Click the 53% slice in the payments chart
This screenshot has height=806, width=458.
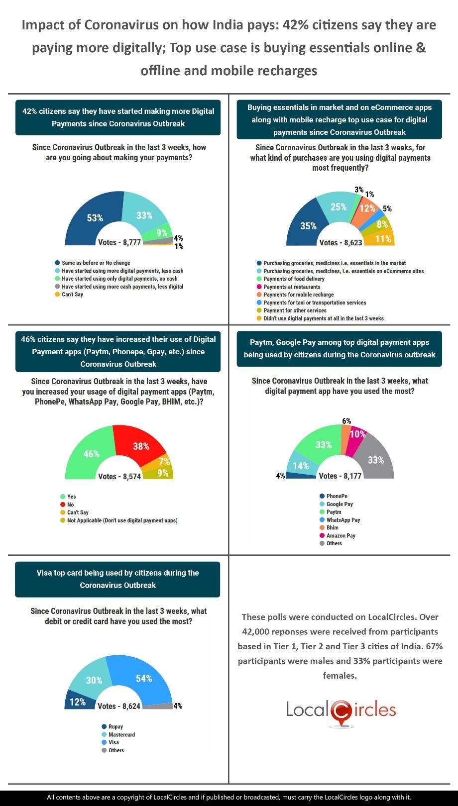coord(95,218)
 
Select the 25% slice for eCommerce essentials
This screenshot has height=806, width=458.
coord(339,206)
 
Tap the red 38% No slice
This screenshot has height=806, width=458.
coord(141,446)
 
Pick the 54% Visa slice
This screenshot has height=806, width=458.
coord(144,679)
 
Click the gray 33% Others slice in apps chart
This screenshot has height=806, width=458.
coord(375,460)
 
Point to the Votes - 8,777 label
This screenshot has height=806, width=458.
coord(119,242)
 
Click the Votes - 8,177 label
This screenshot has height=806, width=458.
coord(340,476)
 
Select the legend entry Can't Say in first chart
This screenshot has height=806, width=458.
coord(72,295)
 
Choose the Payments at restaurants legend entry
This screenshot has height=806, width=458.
coord(292,287)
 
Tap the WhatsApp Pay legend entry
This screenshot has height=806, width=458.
coord(343,520)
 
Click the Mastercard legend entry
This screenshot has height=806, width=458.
coord(121,734)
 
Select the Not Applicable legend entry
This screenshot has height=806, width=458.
coord(122,520)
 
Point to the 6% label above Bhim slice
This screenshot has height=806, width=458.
coord(346,421)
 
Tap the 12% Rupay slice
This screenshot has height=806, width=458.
coord(77,702)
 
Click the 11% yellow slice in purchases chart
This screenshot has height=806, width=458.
coord(383,239)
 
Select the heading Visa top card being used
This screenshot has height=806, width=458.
coord(117,579)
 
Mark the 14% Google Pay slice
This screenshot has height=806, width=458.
coord(301,466)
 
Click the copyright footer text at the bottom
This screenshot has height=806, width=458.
coord(229,797)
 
